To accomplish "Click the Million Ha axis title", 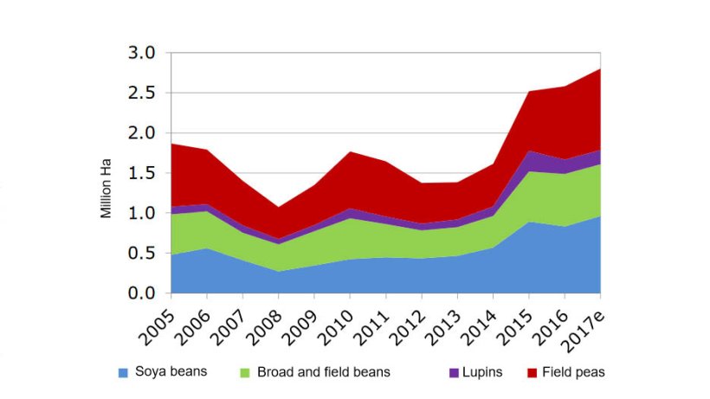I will click(x=106, y=187).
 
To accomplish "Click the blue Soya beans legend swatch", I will click(x=123, y=373).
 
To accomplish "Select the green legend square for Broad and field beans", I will click(x=243, y=373).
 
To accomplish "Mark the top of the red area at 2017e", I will click(x=599, y=69).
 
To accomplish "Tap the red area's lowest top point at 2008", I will click(x=278, y=207).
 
